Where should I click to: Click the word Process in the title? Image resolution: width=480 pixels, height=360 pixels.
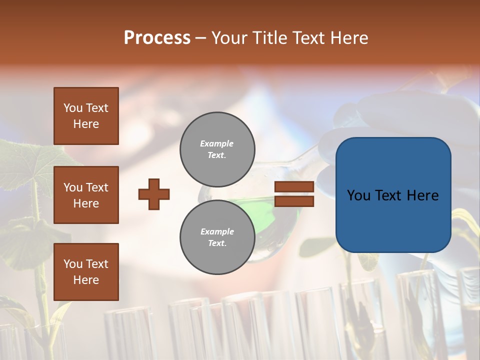click(x=157, y=38)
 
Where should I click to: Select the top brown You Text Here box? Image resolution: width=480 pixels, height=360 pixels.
click(x=86, y=116)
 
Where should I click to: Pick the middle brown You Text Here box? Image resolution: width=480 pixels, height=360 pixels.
click(x=86, y=195)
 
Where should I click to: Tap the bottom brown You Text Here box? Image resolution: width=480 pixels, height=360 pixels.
click(x=86, y=272)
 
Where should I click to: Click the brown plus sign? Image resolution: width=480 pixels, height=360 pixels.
click(x=154, y=194)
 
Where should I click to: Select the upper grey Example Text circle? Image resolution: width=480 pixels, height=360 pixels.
click(x=217, y=149)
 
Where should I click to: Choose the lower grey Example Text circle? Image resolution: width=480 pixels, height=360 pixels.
click(x=217, y=237)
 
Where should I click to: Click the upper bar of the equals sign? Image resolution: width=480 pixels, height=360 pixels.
click(x=294, y=186)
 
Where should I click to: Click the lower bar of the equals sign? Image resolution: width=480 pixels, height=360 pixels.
click(x=294, y=201)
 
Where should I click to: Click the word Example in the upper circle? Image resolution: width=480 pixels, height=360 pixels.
click(x=217, y=143)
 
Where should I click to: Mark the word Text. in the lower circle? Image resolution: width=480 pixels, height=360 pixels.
click(x=217, y=243)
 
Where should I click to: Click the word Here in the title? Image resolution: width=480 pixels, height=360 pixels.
click(x=348, y=38)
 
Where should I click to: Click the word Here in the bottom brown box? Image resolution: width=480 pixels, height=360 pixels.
click(x=86, y=280)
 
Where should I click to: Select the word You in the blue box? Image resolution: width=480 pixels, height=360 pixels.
click(x=358, y=195)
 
